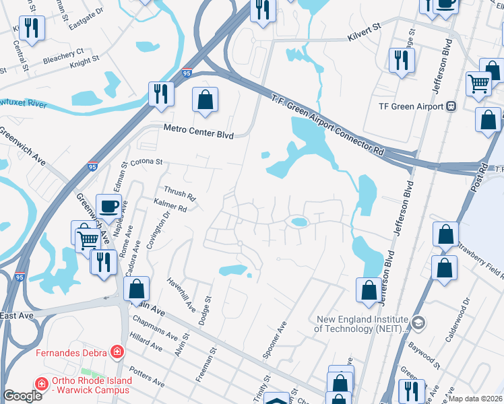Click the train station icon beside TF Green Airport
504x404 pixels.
[451, 106]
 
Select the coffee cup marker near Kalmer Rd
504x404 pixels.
[108, 207]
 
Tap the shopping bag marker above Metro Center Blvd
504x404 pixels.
[205, 100]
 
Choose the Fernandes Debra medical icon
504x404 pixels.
[117, 351]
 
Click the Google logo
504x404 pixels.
[22, 396]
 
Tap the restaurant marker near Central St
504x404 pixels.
[32, 28]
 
